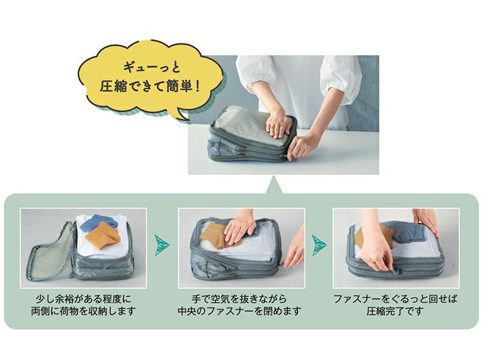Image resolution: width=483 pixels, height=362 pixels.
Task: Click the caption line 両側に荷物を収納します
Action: tap(84, 311)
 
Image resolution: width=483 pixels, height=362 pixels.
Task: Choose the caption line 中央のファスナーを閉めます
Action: tap(240, 311)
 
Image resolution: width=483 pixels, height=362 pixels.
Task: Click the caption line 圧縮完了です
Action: tap(395, 311)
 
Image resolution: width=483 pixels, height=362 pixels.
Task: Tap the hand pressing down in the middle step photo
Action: tap(240, 225)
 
